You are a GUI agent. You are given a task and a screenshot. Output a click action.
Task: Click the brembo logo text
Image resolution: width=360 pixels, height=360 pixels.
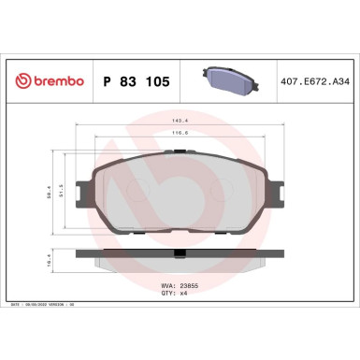pos(58,82)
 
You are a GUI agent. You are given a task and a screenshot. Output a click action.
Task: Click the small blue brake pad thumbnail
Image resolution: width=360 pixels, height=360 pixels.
pos(230,80)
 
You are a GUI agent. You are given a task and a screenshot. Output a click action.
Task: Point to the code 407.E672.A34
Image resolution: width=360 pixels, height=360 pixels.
pos(316,82)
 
